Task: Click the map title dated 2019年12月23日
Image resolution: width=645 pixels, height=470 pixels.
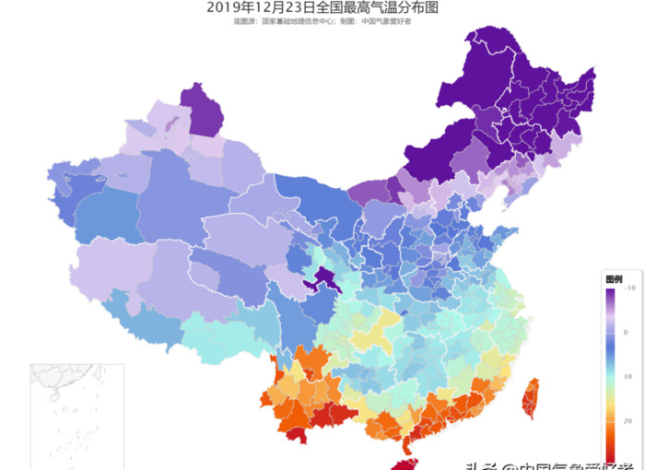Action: tap(322, 8)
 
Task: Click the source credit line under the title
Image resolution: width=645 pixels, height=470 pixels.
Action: tap(322, 21)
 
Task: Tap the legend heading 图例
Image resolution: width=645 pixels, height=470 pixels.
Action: tap(614, 278)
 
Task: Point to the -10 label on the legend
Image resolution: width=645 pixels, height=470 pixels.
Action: tap(629, 288)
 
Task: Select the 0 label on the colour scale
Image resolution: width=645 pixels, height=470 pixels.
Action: tap(627, 332)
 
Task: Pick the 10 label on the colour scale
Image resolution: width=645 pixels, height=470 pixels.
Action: tap(627, 376)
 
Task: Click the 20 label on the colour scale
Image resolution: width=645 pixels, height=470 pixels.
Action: tap(627, 420)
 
